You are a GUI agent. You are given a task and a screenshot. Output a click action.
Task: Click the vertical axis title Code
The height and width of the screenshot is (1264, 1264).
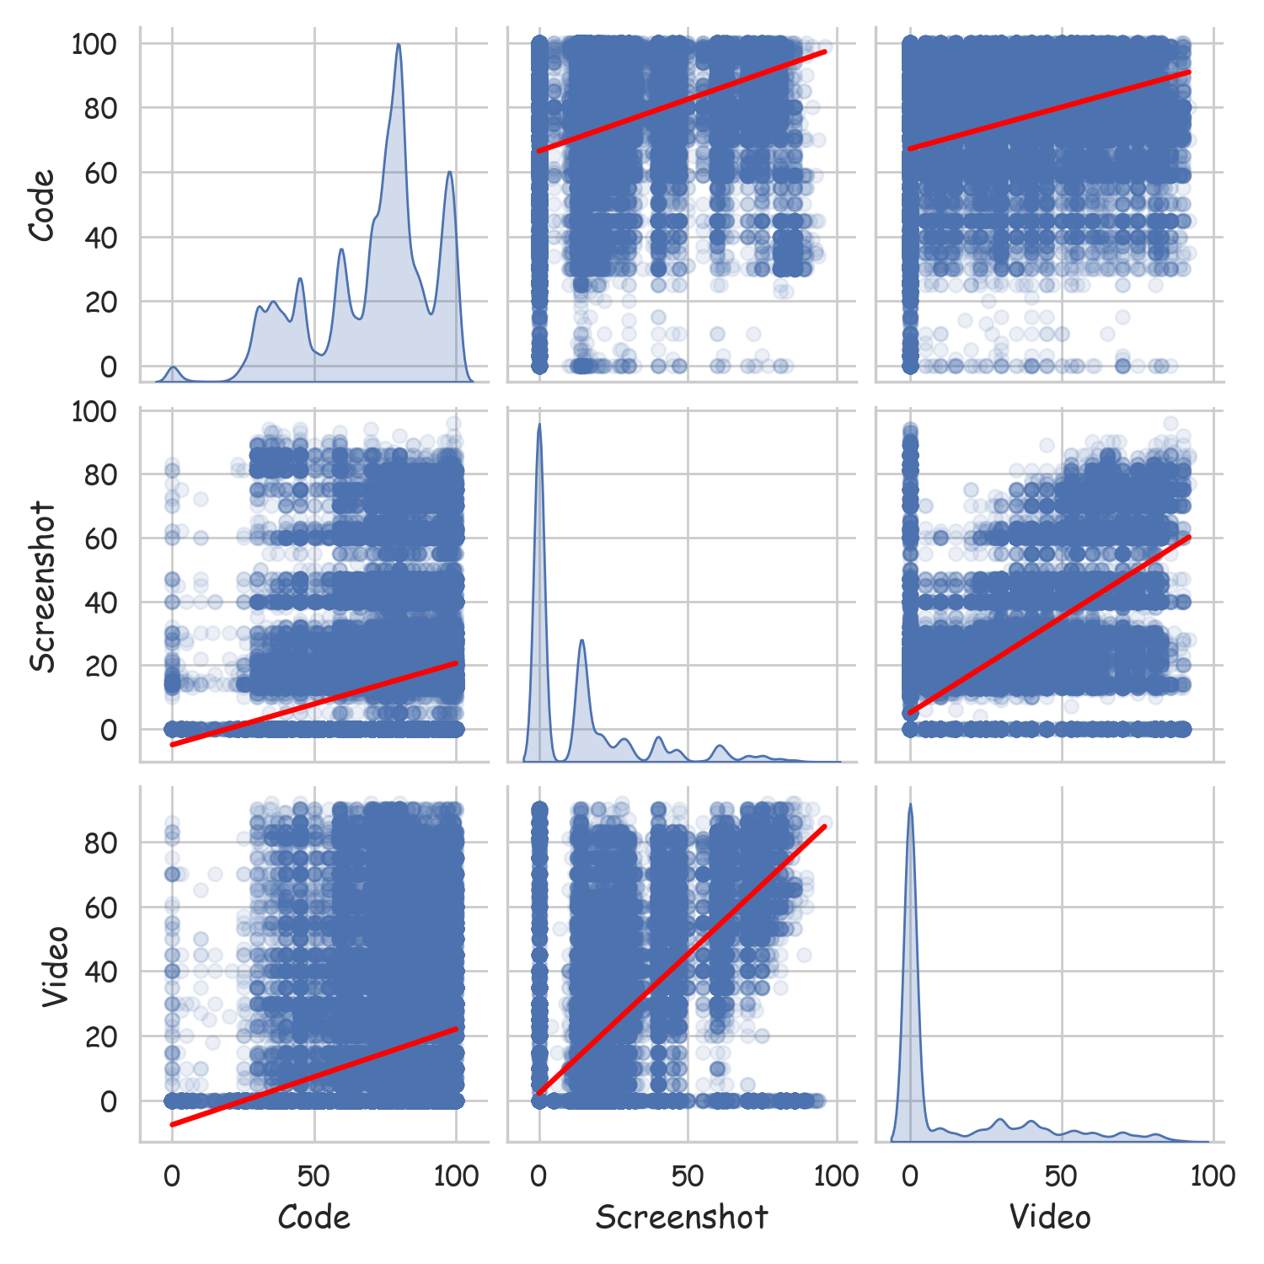pyautogui.click(x=42, y=205)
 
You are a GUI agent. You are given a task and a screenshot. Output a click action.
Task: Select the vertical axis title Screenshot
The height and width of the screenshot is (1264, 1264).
pyautogui.click(x=42, y=587)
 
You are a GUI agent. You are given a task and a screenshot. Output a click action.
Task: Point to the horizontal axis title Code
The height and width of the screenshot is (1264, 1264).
pyautogui.click(x=313, y=1217)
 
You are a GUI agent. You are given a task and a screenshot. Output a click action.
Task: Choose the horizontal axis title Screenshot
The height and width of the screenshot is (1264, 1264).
pyautogui.click(x=682, y=1217)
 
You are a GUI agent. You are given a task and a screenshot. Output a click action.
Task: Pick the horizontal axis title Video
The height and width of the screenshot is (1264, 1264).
pyautogui.click(x=1050, y=1217)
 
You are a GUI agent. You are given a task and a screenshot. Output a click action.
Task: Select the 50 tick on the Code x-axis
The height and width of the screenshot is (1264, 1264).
pyautogui.click(x=314, y=1176)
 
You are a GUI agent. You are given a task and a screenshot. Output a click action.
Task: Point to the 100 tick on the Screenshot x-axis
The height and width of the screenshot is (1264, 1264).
pyautogui.click(x=836, y=1176)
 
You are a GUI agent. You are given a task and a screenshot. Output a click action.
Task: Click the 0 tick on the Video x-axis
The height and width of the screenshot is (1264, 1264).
pyautogui.click(x=910, y=1176)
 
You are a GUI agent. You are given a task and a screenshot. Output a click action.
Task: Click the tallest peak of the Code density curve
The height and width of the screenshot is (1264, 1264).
pyautogui.click(x=399, y=45)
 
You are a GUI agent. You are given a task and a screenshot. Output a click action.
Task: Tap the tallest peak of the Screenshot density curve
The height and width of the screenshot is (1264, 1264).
pyautogui.click(x=539, y=424)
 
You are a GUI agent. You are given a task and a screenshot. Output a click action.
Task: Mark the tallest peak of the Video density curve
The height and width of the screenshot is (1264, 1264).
pyautogui.click(x=910, y=804)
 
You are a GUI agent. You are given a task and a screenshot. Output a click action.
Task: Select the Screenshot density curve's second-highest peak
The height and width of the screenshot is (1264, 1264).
pyautogui.click(x=581, y=640)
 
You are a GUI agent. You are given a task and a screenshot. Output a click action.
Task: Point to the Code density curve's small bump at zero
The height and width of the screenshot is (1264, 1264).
pyautogui.click(x=173, y=367)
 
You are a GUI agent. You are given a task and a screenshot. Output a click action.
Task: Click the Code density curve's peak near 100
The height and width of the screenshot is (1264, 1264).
pyautogui.click(x=450, y=172)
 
